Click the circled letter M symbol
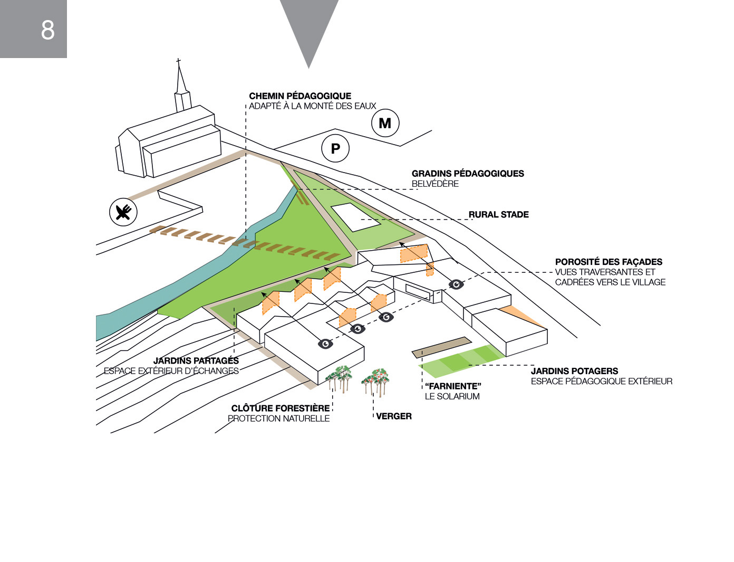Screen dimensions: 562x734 point(385,123)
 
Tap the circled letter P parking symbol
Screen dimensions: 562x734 point(335,149)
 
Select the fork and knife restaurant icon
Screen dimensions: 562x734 point(123,212)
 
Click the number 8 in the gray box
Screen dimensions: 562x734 point(47,30)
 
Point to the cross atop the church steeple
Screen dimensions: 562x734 point(179,62)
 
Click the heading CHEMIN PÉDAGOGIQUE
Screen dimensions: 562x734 point(300,96)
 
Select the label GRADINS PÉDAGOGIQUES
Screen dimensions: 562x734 point(468,174)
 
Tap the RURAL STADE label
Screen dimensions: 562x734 point(498,215)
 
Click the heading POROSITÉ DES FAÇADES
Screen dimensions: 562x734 point(609,262)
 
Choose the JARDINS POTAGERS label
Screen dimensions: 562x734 point(574,371)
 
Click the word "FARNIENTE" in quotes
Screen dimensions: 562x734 point(453,386)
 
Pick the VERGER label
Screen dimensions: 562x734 point(394,416)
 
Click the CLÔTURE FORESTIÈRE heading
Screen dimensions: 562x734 point(280,408)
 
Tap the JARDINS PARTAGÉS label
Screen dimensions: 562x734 point(196,361)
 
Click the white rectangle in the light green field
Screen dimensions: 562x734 point(355,216)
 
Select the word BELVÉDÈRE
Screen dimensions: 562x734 point(435,184)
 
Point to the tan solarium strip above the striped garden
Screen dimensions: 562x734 point(440,345)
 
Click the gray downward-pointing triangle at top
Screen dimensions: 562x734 point(309,26)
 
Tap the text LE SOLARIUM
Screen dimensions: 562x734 point(452,396)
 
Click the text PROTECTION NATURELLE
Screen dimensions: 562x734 point(278,418)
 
